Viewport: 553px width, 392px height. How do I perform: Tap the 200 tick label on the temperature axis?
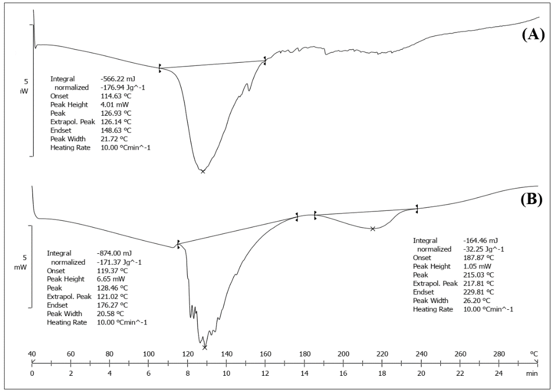tap(343, 354)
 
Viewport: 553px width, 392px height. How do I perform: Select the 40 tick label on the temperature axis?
tap(32, 354)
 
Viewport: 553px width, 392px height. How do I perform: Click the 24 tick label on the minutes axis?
tap(498, 374)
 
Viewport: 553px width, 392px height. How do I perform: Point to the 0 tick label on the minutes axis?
tap(32, 374)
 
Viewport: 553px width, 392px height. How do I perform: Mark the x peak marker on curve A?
tap(203, 171)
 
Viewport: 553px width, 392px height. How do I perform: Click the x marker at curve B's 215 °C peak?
tap(373, 229)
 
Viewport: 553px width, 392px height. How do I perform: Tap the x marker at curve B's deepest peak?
tap(204, 347)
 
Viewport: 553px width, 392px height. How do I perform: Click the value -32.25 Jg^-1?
tap(480, 249)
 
